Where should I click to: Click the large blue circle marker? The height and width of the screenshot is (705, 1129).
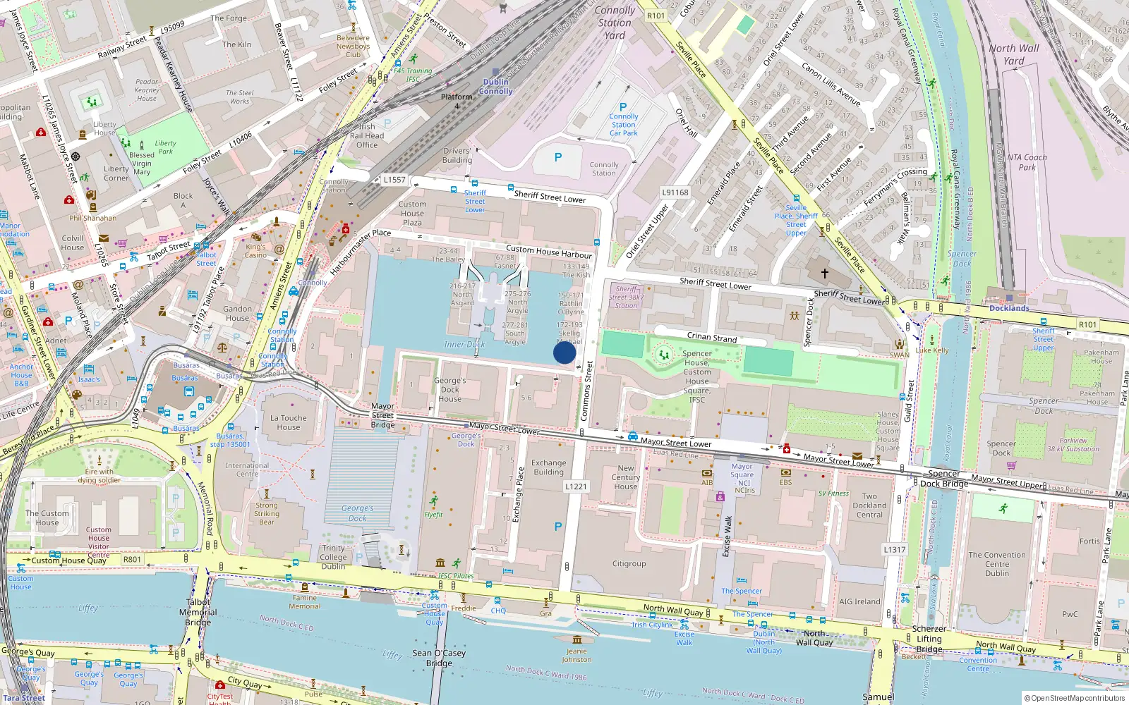(564, 352)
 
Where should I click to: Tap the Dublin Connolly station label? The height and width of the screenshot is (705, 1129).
(495, 87)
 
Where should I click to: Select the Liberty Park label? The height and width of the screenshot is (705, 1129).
(166, 147)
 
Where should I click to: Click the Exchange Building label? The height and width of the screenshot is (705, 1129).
(548, 467)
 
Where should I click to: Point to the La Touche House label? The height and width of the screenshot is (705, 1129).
(289, 422)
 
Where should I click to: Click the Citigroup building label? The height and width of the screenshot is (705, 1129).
(629, 564)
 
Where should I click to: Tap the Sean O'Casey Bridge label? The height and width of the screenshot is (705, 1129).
(439, 658)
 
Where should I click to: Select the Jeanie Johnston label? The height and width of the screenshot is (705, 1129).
(576, 656)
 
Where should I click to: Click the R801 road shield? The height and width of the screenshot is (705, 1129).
(133, 560)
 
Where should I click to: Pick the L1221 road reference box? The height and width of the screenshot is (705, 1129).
(576, 486)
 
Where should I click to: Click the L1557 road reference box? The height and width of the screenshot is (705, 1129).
(394, 180)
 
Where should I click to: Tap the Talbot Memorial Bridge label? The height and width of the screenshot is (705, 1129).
(198, 612)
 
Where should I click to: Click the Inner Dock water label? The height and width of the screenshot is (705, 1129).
(464, 345)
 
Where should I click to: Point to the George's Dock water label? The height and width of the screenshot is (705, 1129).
(357, 513)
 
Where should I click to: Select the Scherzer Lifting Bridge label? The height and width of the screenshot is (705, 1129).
(929, 639)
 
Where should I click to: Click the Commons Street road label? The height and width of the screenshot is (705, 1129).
(586, 392)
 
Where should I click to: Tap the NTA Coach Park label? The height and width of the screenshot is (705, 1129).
(1027, 162)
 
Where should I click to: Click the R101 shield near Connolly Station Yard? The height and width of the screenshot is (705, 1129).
(656, 16)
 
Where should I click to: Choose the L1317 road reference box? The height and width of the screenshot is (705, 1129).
(894, 549)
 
